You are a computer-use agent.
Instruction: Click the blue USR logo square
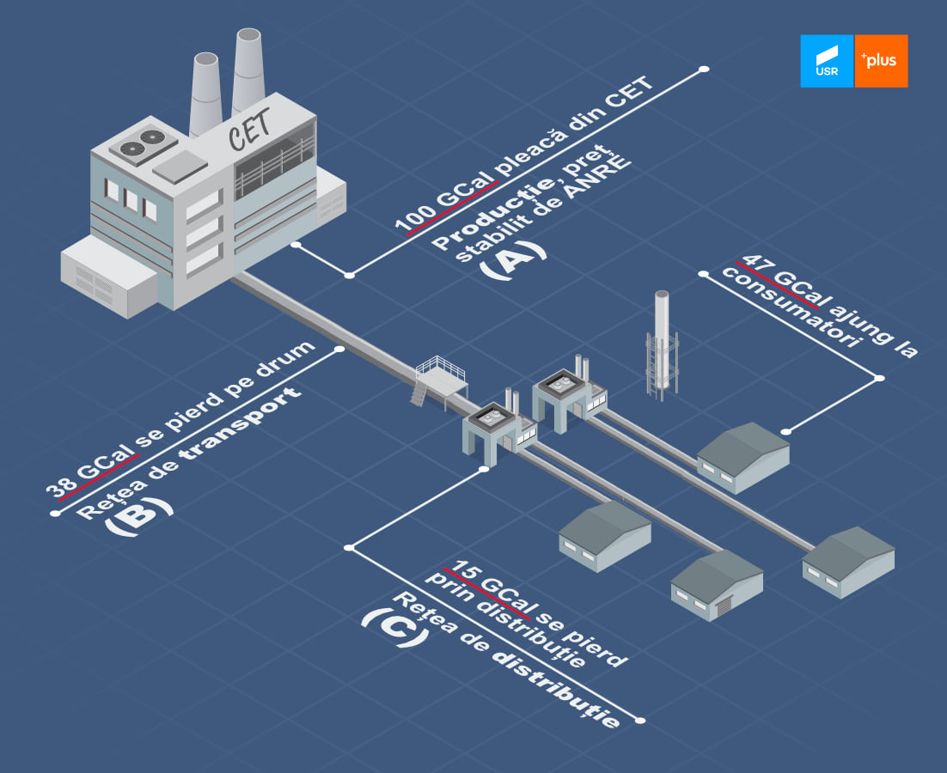pos(827,61)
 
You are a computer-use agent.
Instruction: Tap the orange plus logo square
pos(881,61)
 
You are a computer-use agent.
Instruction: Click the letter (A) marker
pos(513,259)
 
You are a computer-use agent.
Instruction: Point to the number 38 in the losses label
pos(62,484)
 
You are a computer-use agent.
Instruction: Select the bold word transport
pos(241,423)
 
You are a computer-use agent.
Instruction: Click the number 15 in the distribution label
pos(465,571)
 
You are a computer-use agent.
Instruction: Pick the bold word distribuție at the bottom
pos(556,691)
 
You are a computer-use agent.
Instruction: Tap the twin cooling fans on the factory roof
pos(142,143)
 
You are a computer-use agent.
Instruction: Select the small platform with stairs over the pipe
pos(440,380)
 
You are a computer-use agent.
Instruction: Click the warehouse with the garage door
pos(717,585)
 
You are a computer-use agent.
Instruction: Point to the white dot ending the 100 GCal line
pos(704,70)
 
